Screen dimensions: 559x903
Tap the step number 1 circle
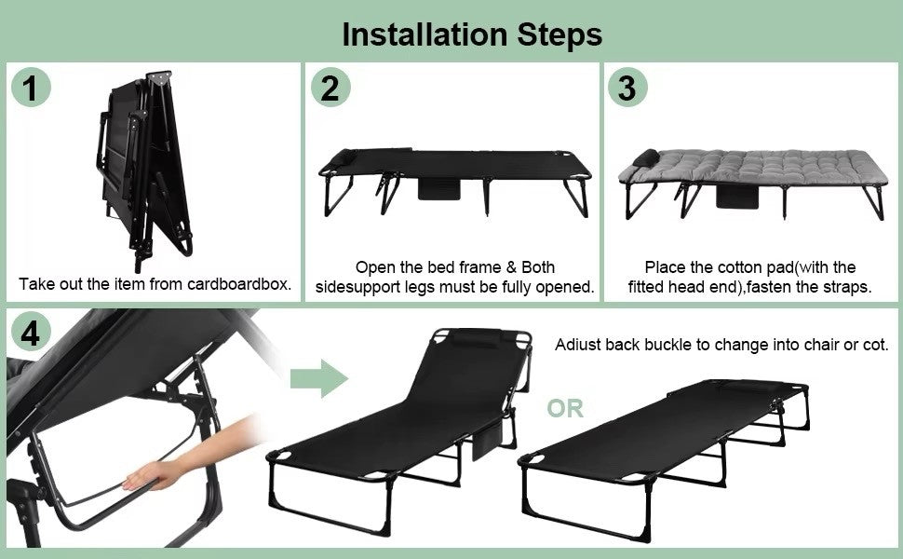click(x=31, y=89)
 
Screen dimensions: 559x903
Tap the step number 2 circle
click(x=330, y=89)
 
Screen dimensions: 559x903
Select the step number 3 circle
click(x=627, y=89)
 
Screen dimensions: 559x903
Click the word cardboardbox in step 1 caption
click(x=241, y=284)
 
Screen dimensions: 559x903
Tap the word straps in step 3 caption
click(x=844, y=287)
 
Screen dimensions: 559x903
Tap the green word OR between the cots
click(x=565, y=408)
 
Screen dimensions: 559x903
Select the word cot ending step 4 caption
click(x=875, y=345)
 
